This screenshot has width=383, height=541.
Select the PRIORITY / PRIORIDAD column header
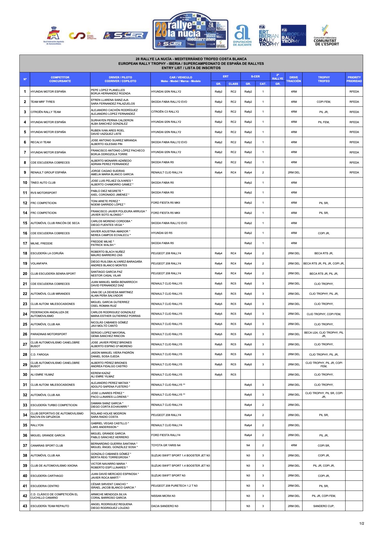[354, 79]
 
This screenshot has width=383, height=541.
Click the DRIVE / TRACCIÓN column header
[293, 79]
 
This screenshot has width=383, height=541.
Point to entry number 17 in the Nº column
[25, 243]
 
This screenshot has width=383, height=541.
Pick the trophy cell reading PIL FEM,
[324, 122]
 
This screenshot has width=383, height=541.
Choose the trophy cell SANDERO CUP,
[324, 506]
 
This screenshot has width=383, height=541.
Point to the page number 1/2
[362, 523]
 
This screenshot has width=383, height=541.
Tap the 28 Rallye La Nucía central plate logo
[190, 31]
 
